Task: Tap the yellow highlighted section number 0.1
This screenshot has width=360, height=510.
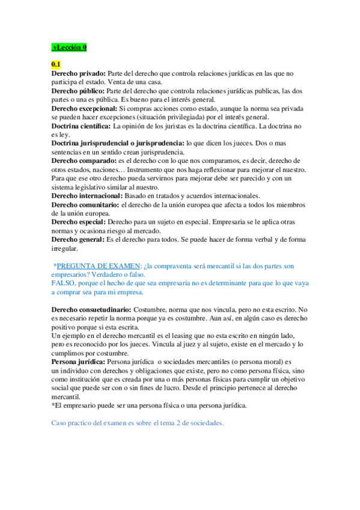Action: click(56, 64)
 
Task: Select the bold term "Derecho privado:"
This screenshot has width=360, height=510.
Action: click(78, 73)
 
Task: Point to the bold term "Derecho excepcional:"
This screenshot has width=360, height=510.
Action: click(84, 108)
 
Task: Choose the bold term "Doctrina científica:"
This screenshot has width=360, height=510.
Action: click(81, 126)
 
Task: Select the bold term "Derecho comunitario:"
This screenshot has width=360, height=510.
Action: click(85, 205)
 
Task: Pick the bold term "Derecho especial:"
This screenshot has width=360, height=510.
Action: click(78, 222)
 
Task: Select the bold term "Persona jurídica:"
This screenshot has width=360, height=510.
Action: click(78, 362)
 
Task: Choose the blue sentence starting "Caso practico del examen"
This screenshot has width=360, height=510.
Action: click(138, 423)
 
